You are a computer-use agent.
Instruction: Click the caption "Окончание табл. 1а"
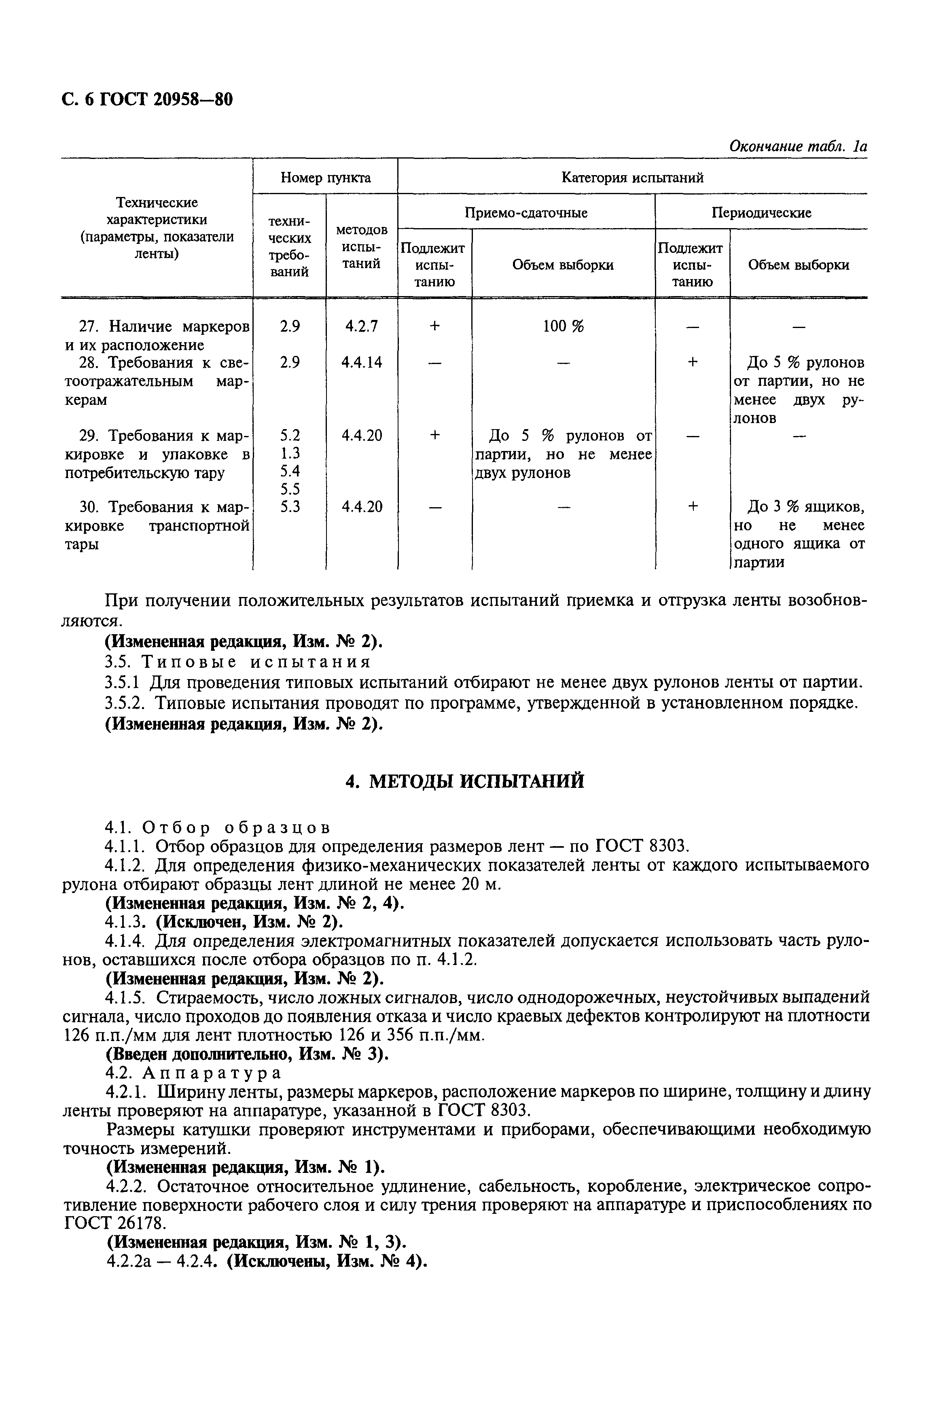(797, 146)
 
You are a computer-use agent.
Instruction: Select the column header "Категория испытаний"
(632, 177)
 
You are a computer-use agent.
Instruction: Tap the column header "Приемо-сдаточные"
(526, 212)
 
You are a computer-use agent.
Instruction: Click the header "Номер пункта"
(326, 177)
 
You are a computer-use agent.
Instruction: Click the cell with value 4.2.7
(361, 326)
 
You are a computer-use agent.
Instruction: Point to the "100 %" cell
(563, 326)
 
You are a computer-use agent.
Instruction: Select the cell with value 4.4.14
(361, 362)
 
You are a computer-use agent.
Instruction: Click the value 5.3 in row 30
(289, 507)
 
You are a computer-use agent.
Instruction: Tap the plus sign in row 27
(434, 326)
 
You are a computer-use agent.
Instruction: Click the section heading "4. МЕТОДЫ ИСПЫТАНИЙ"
(465, 781)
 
